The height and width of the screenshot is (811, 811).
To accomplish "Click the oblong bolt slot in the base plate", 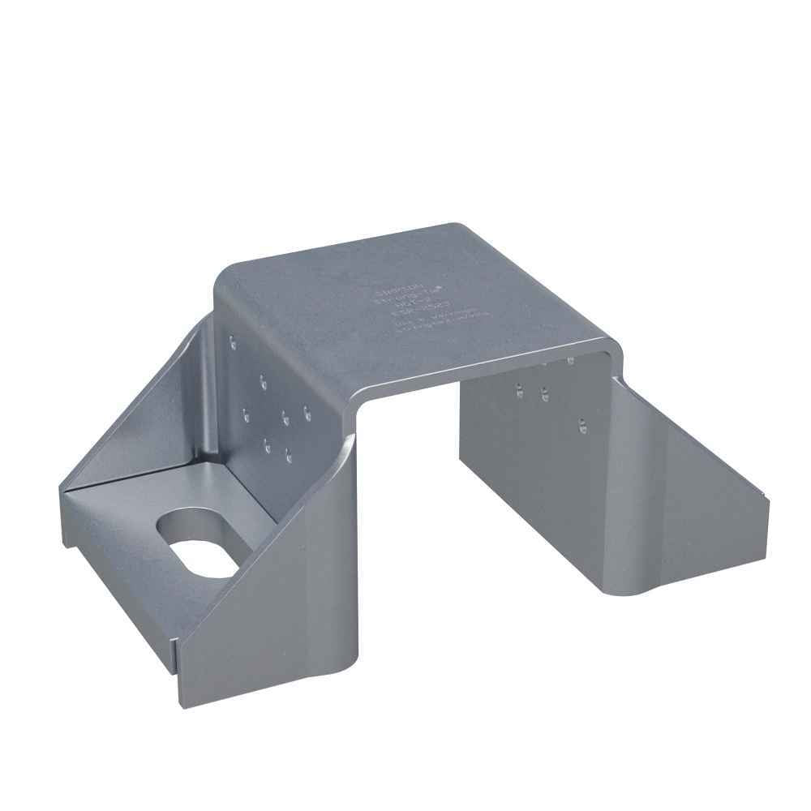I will pos(197,543).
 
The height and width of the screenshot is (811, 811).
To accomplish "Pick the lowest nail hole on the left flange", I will pos(289,457).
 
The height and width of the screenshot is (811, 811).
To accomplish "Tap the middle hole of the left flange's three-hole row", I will pos(285,418).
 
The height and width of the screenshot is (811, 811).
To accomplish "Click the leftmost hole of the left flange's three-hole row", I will pos(246,418).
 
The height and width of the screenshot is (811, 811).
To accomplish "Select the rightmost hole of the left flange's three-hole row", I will pos(307,412).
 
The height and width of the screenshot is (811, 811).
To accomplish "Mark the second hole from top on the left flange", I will pos(263,379).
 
